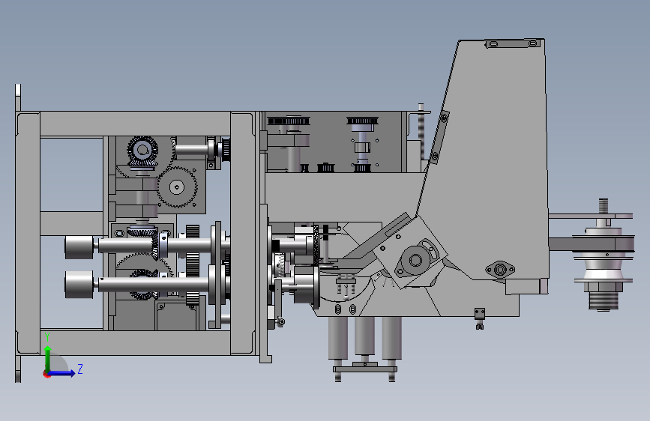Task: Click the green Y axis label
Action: (x=48, y=336)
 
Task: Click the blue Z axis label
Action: (x=80, y=369)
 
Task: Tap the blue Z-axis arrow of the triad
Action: (x=62, y=373)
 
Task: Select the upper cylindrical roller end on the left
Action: (x=79, y=247)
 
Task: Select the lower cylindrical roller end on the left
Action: (x=79, y=284)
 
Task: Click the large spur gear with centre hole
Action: (x=178, y=187)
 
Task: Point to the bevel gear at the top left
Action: (x=142, y=151)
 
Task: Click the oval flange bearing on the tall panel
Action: (x=500, y=270)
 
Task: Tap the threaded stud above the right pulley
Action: (x=604, y=207)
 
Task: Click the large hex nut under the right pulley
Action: (x=604, y=286)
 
